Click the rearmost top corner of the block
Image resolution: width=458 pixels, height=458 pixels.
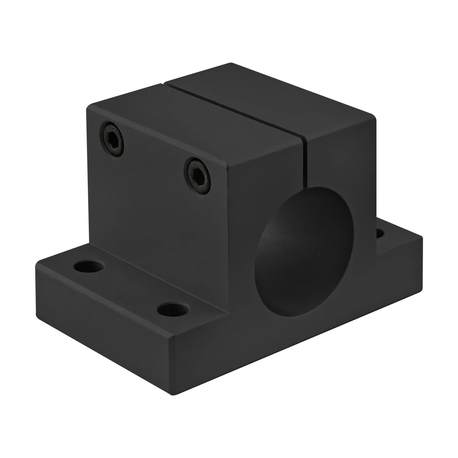click(227, 62)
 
